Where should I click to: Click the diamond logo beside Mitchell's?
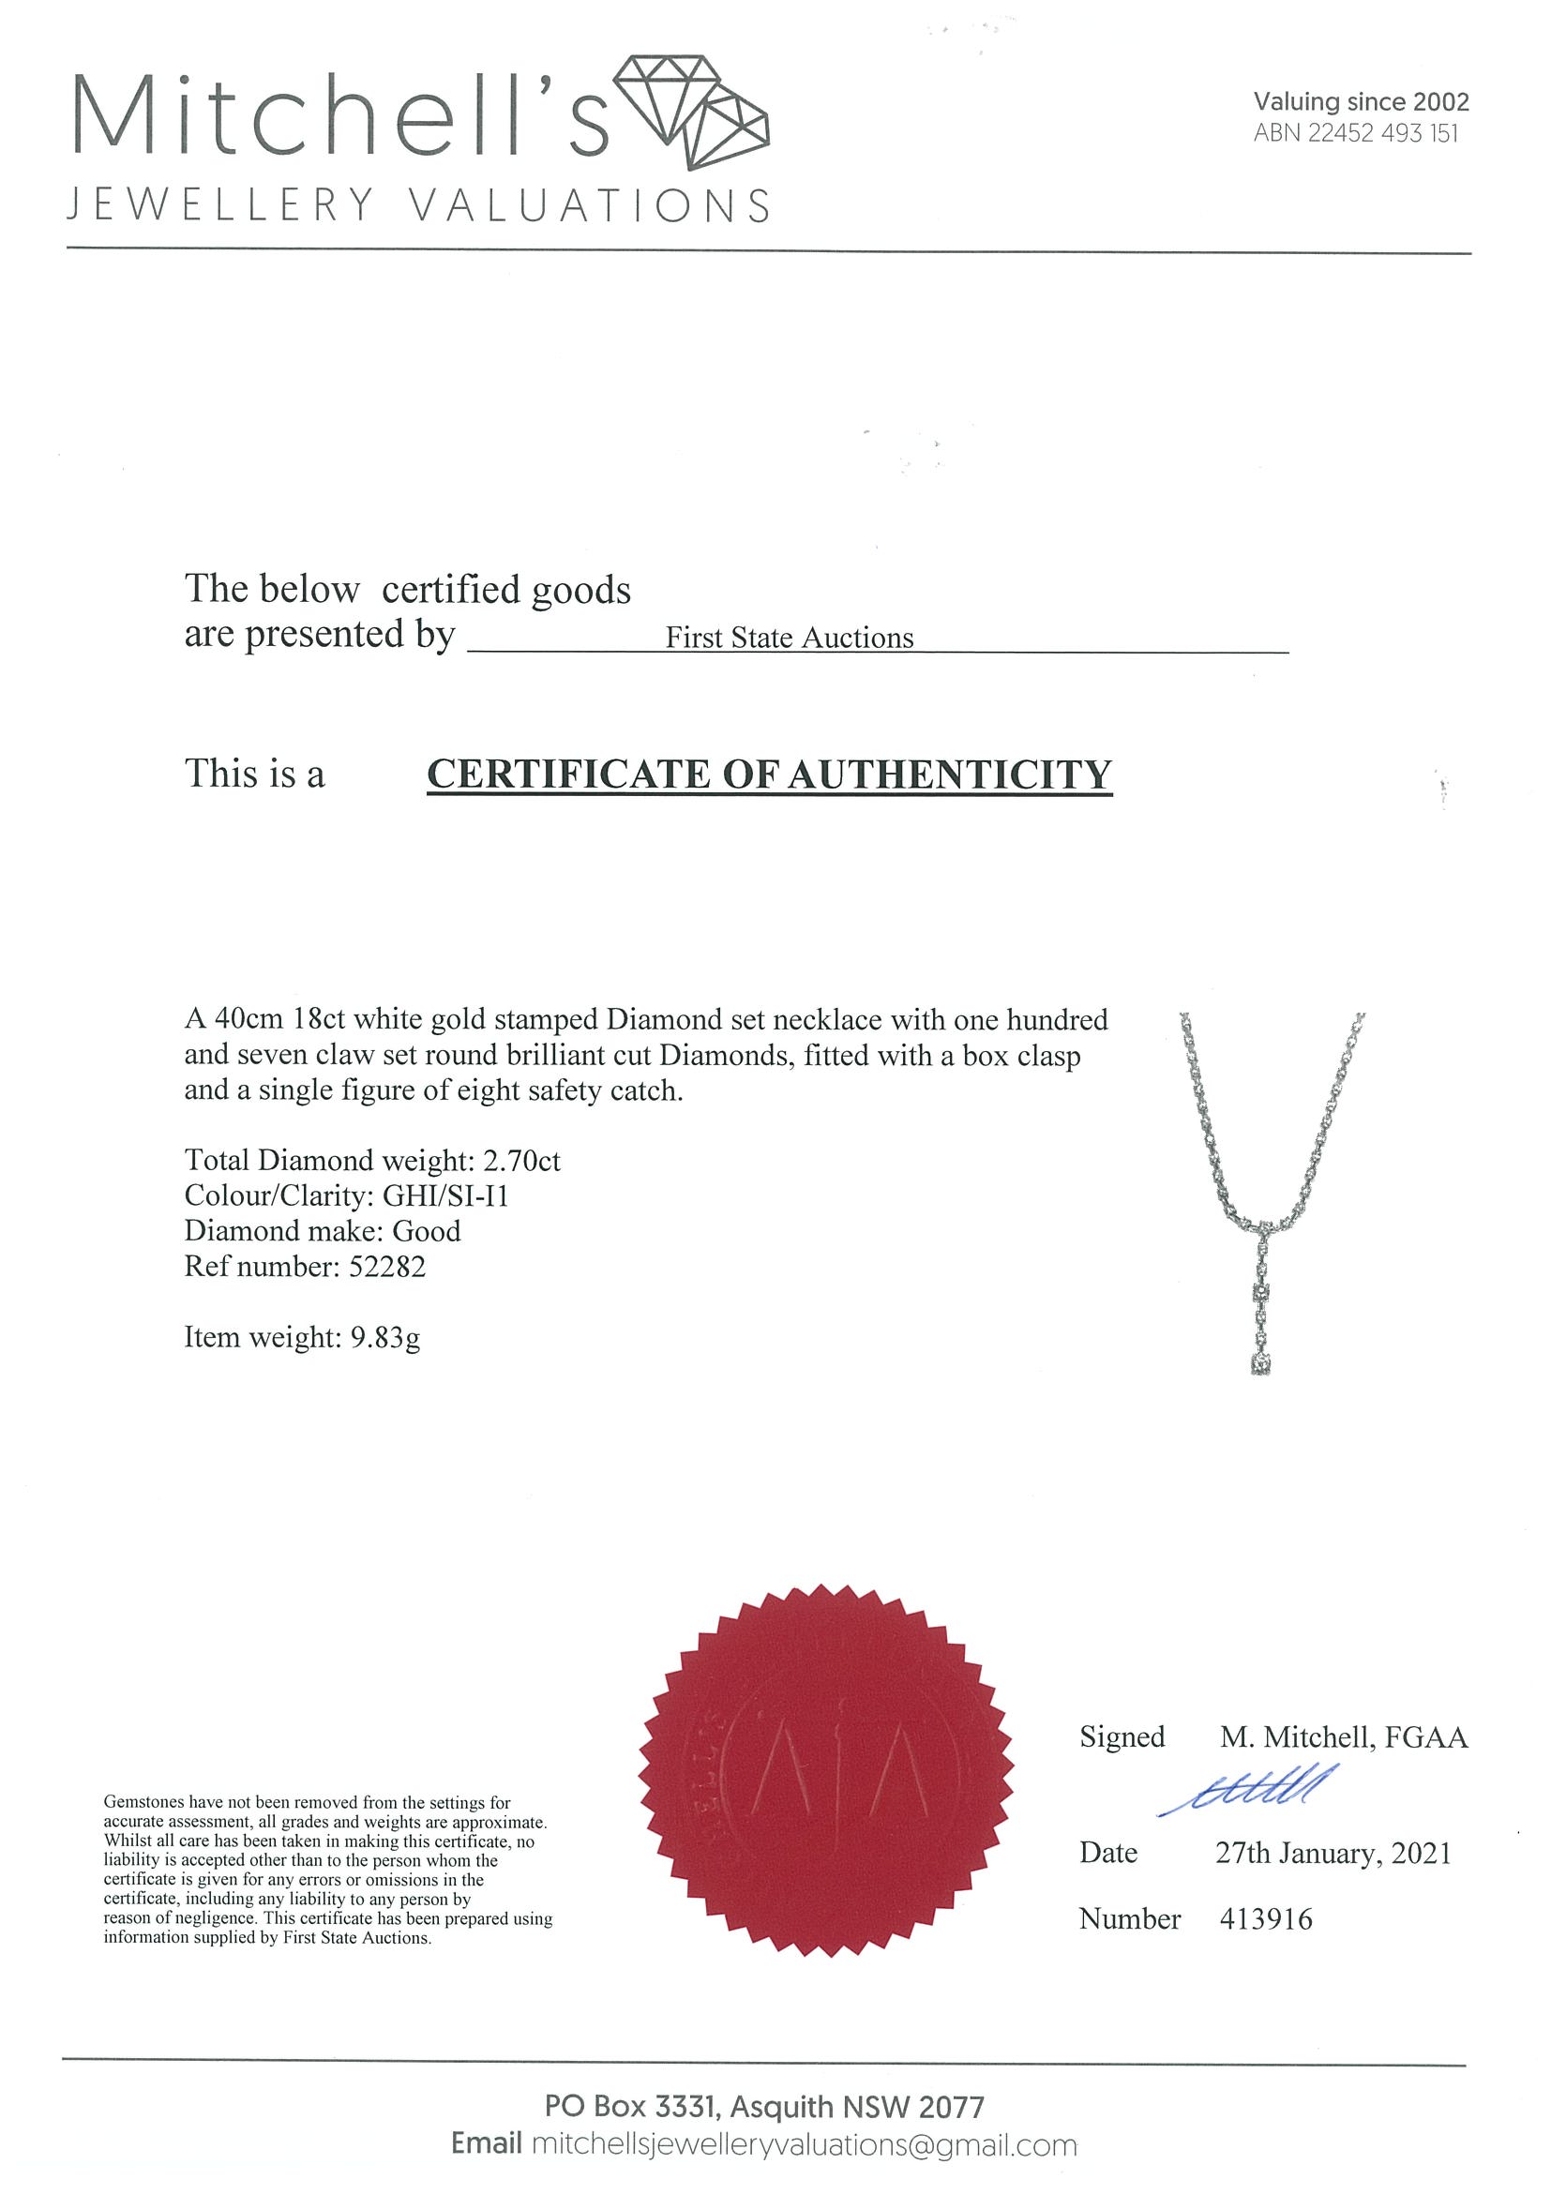pos(690,112)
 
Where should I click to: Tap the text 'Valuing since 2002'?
pos(1360,101)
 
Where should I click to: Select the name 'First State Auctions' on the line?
pos(790,638)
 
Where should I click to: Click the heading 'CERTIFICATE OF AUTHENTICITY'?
pos(769,774)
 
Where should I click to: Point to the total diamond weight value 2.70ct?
pos(521,1160)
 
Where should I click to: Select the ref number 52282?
pos(387,1266)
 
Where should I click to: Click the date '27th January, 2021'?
pos(1333,1854)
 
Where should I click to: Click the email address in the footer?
pos(804,2145)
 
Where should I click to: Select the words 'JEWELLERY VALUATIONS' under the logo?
pos(418,206)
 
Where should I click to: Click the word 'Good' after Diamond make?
pos(427,1231)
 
